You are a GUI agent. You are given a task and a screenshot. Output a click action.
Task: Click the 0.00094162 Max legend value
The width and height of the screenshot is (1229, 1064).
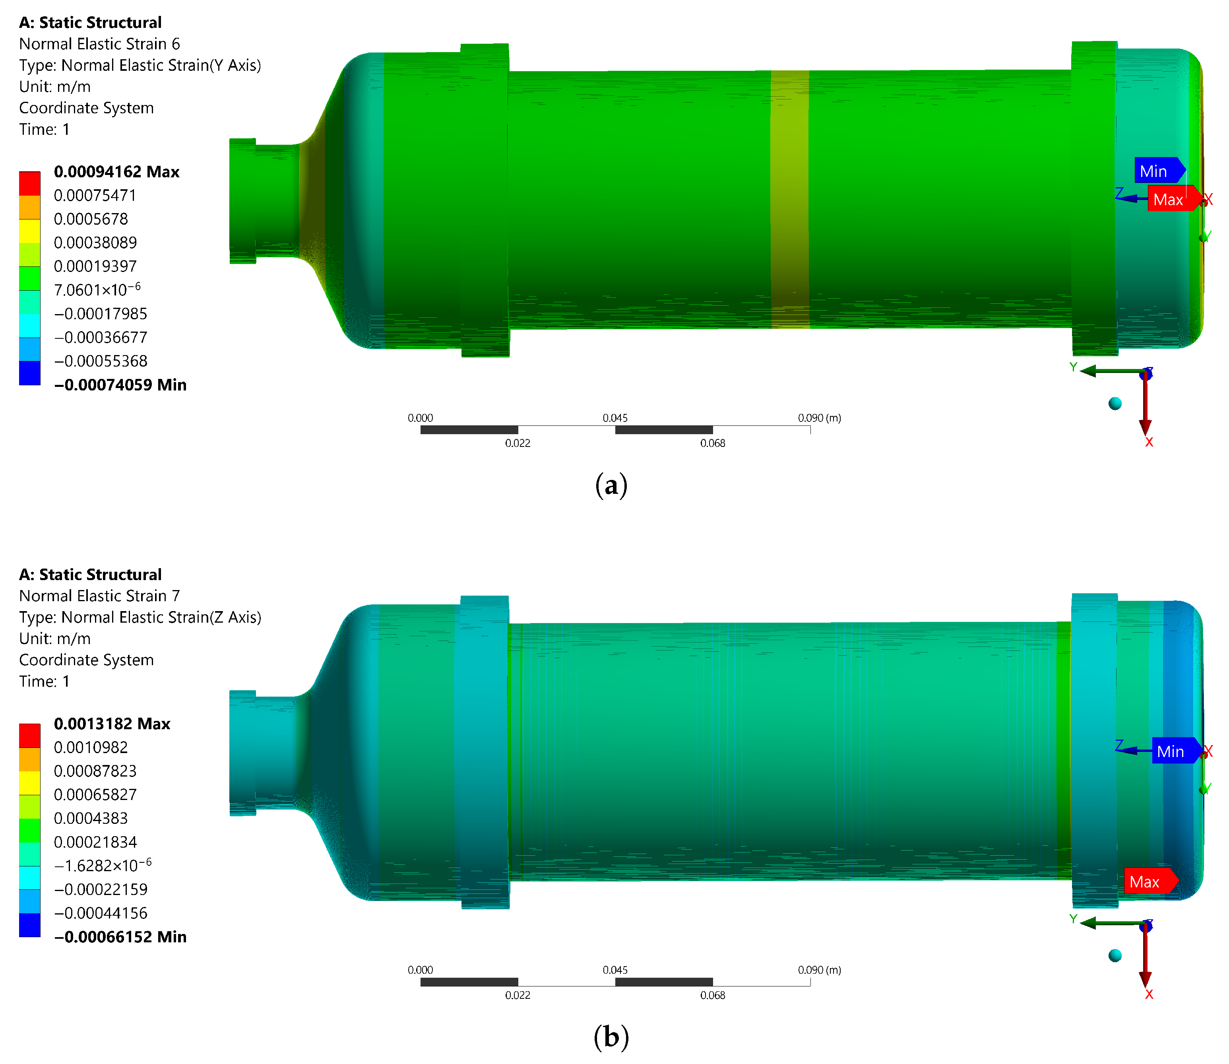116,172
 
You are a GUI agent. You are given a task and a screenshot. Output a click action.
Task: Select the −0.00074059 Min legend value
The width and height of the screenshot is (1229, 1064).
120,385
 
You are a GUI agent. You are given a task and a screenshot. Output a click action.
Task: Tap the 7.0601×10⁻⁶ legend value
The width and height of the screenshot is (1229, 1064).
97,290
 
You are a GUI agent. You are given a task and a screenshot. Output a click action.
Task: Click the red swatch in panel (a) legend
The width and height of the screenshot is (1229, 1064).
30,183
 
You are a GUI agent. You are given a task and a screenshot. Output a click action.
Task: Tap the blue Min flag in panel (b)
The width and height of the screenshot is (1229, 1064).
1175,751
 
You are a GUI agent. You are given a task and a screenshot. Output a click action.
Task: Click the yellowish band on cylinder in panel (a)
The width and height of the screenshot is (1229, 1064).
790,199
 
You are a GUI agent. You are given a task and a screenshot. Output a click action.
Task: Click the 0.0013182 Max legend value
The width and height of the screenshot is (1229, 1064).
112,724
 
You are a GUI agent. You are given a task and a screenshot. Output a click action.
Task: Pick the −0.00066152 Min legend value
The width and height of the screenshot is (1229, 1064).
120,937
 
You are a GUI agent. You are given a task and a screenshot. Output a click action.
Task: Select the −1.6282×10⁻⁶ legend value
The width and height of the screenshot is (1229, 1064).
102,865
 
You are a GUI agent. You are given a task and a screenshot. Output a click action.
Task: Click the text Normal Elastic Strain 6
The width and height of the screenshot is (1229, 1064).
99,44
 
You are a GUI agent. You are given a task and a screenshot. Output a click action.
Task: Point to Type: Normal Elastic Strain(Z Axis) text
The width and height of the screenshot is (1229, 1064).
140,617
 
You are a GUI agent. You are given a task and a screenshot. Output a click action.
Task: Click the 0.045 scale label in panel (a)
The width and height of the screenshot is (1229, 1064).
615,418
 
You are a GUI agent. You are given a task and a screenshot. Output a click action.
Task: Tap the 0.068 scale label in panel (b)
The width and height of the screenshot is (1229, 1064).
712,995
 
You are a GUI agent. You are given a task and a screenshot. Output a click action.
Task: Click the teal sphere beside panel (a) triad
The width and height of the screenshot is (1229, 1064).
1115,404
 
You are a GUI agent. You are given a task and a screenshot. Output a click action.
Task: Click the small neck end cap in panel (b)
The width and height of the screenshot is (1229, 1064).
242,753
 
